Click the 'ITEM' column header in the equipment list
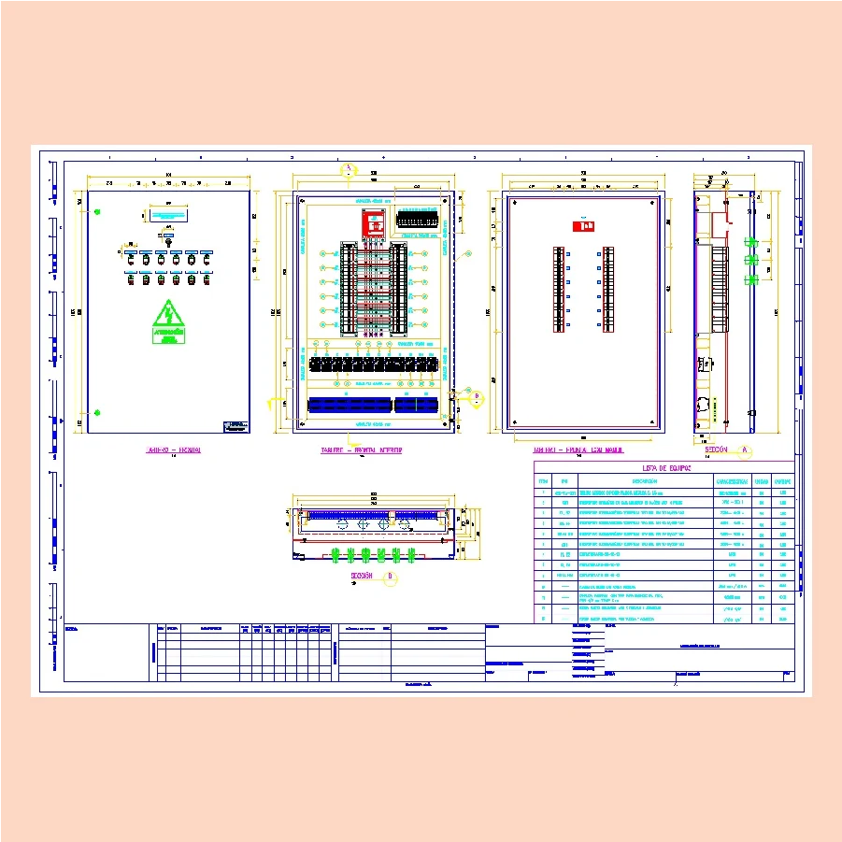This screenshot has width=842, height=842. (x=543, y=482)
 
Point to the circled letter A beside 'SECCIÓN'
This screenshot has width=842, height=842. (x=745, y=450)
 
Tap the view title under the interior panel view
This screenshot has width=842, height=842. (x=361, y=450)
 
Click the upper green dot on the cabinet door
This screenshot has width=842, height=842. (x=96, y=213)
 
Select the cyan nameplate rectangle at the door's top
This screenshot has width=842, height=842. (x=168, y=214)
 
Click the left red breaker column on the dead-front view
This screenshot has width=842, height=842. (x=559, y=289)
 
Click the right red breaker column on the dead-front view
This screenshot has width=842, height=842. (x=609, y=289)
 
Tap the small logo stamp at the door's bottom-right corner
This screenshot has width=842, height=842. (x=235, y=426)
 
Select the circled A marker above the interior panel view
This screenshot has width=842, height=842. (x=348, y=170)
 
